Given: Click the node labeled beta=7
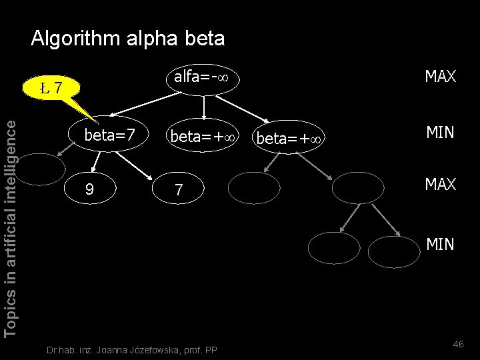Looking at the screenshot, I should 109,135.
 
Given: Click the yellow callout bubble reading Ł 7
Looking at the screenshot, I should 51,87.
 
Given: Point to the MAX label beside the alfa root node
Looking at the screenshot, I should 440,77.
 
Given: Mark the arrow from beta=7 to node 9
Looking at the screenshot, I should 96,161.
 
